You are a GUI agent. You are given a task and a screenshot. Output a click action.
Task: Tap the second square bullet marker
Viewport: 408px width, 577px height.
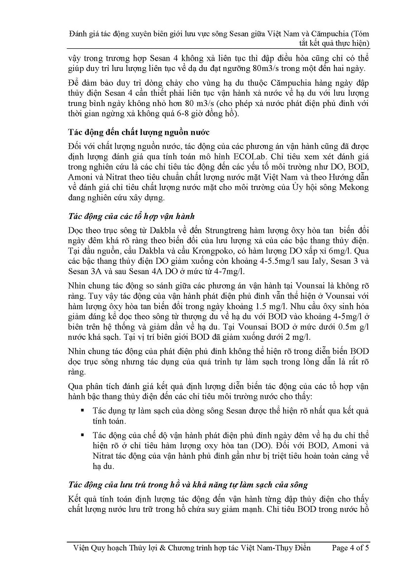pyautogui.click(x=81, y=434)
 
